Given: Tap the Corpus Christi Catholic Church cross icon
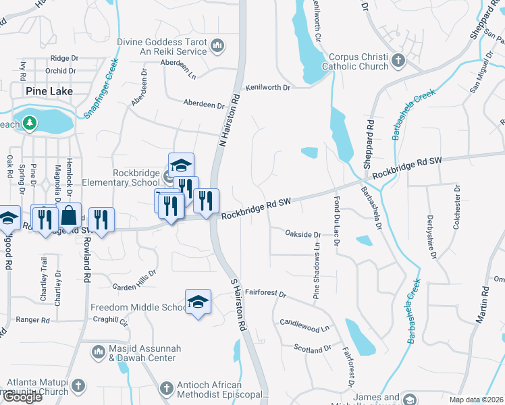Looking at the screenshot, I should (398, 61).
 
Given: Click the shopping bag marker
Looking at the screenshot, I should (70, 216).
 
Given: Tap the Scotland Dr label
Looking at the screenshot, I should (313, 348).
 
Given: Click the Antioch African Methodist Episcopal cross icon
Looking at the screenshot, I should (166, 388).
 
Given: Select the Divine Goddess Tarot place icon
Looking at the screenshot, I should (217, 46).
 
